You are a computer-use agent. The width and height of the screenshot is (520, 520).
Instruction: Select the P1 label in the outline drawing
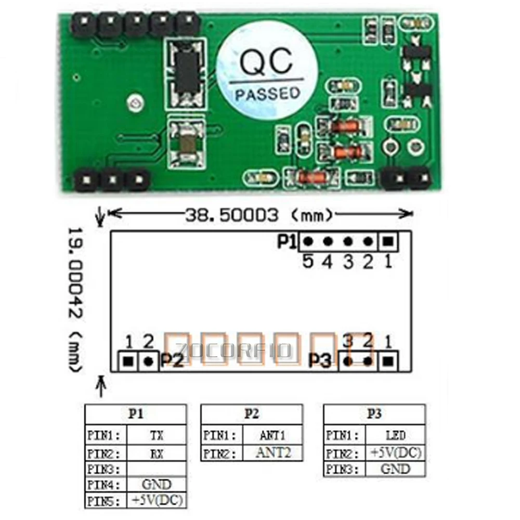coord(287,242)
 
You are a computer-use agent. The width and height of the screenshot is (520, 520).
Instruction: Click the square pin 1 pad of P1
coord(388,241)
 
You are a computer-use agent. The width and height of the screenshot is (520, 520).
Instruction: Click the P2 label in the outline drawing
coord(172,360)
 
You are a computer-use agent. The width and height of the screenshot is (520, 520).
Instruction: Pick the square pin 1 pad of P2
coord(128,360)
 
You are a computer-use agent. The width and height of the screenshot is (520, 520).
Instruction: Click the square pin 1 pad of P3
coord(388,360)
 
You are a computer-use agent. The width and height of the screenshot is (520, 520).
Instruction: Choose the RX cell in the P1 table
coord(156,453)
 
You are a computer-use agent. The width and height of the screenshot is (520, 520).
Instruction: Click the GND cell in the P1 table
coord(156,485)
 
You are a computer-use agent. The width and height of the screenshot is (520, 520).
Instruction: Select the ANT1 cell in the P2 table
coord(271,435)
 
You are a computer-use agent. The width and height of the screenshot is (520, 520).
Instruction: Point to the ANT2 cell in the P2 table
coord(271,452)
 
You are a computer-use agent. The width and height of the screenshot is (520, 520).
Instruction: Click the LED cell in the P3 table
coord(395,435)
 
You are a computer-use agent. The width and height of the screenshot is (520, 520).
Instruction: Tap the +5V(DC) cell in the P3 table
coord(395,452)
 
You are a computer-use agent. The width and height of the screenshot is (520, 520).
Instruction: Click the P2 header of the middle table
coord(251,414)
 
